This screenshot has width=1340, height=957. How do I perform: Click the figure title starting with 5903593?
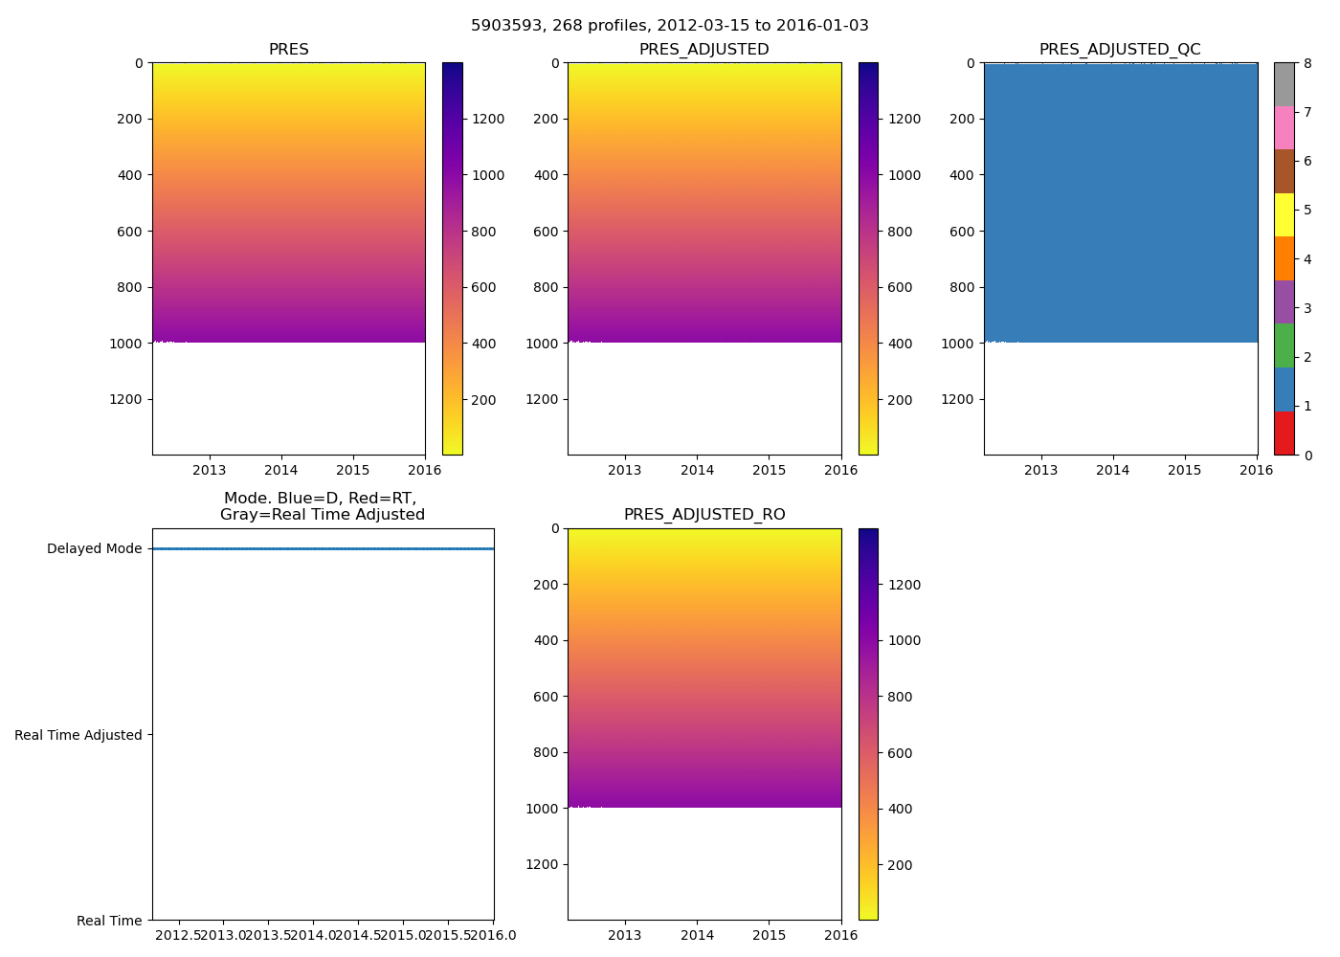670,26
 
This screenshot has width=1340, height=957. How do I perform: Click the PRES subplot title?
288,50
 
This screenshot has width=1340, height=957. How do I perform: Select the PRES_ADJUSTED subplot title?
703,50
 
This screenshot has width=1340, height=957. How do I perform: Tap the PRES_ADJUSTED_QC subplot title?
1120,50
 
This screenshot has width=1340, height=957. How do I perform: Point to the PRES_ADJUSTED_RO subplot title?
703,515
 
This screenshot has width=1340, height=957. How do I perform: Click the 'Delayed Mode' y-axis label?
94,549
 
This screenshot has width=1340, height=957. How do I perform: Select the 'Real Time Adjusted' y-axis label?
78,735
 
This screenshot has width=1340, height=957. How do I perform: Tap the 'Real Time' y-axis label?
109,921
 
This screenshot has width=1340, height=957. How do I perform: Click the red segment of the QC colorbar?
1284,433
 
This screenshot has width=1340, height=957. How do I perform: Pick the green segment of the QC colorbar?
1284,345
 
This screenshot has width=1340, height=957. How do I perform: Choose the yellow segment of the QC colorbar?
1284,214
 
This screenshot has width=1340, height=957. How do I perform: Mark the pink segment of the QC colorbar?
1284,127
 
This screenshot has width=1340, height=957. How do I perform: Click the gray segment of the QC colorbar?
1284,84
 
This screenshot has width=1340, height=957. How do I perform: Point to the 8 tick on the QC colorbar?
1307,63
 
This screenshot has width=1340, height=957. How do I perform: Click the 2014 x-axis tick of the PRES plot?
281,470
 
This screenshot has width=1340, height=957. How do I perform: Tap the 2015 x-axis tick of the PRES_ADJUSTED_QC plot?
1185,470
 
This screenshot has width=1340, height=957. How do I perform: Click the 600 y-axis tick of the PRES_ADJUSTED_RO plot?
546,697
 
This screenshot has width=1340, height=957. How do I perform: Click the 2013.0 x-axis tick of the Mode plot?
222,935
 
